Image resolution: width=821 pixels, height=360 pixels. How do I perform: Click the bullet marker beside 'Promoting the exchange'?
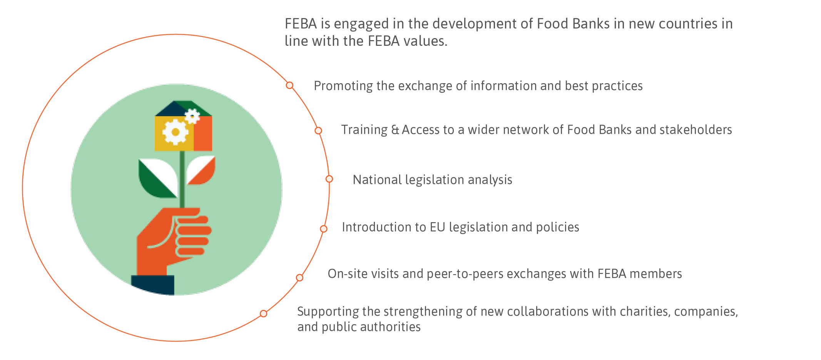coord(289,85)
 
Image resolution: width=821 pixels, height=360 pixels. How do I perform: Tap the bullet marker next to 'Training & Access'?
coord(318,131)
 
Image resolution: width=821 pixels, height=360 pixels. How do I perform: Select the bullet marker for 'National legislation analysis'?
coord(329,179)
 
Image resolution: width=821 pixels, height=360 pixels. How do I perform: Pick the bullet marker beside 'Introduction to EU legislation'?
coord(324,229)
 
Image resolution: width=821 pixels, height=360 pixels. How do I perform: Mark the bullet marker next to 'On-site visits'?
coord(299,278)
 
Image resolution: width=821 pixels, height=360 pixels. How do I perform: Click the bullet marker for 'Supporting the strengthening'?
coord(263,313)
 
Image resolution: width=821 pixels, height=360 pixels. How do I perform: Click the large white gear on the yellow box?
coord(176,132)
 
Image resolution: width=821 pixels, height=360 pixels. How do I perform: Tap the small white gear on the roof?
coord(192,116)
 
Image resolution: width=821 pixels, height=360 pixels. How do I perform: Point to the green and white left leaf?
coord(158,178)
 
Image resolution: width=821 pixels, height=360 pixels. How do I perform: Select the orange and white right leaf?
coord(201,170)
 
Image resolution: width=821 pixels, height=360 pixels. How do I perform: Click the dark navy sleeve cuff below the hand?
coord(153,285)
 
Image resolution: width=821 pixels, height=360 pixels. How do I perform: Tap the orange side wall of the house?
coord(203,133)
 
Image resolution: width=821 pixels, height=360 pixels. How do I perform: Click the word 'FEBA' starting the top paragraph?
coord(301,24)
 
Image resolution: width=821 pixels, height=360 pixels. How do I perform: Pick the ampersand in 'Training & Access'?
coord(395,130)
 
